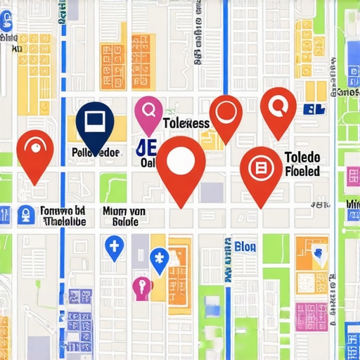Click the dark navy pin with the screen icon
[x=94, y=122]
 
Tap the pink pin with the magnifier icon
[x=148, y=112]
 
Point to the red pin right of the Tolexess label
[x=226, y=114]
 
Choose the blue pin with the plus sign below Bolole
[x=114, y=246]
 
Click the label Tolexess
[x=186, y=123]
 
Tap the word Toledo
[x=302, y=157]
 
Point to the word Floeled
[x=302, y=171]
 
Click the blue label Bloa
[x=245, y=246]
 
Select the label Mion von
[x=124, y=210]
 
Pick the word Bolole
[x=126, y=221]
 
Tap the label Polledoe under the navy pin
[x=96, y=152]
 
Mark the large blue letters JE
[x=146, y=148]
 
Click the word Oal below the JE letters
[x=148, y=164]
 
